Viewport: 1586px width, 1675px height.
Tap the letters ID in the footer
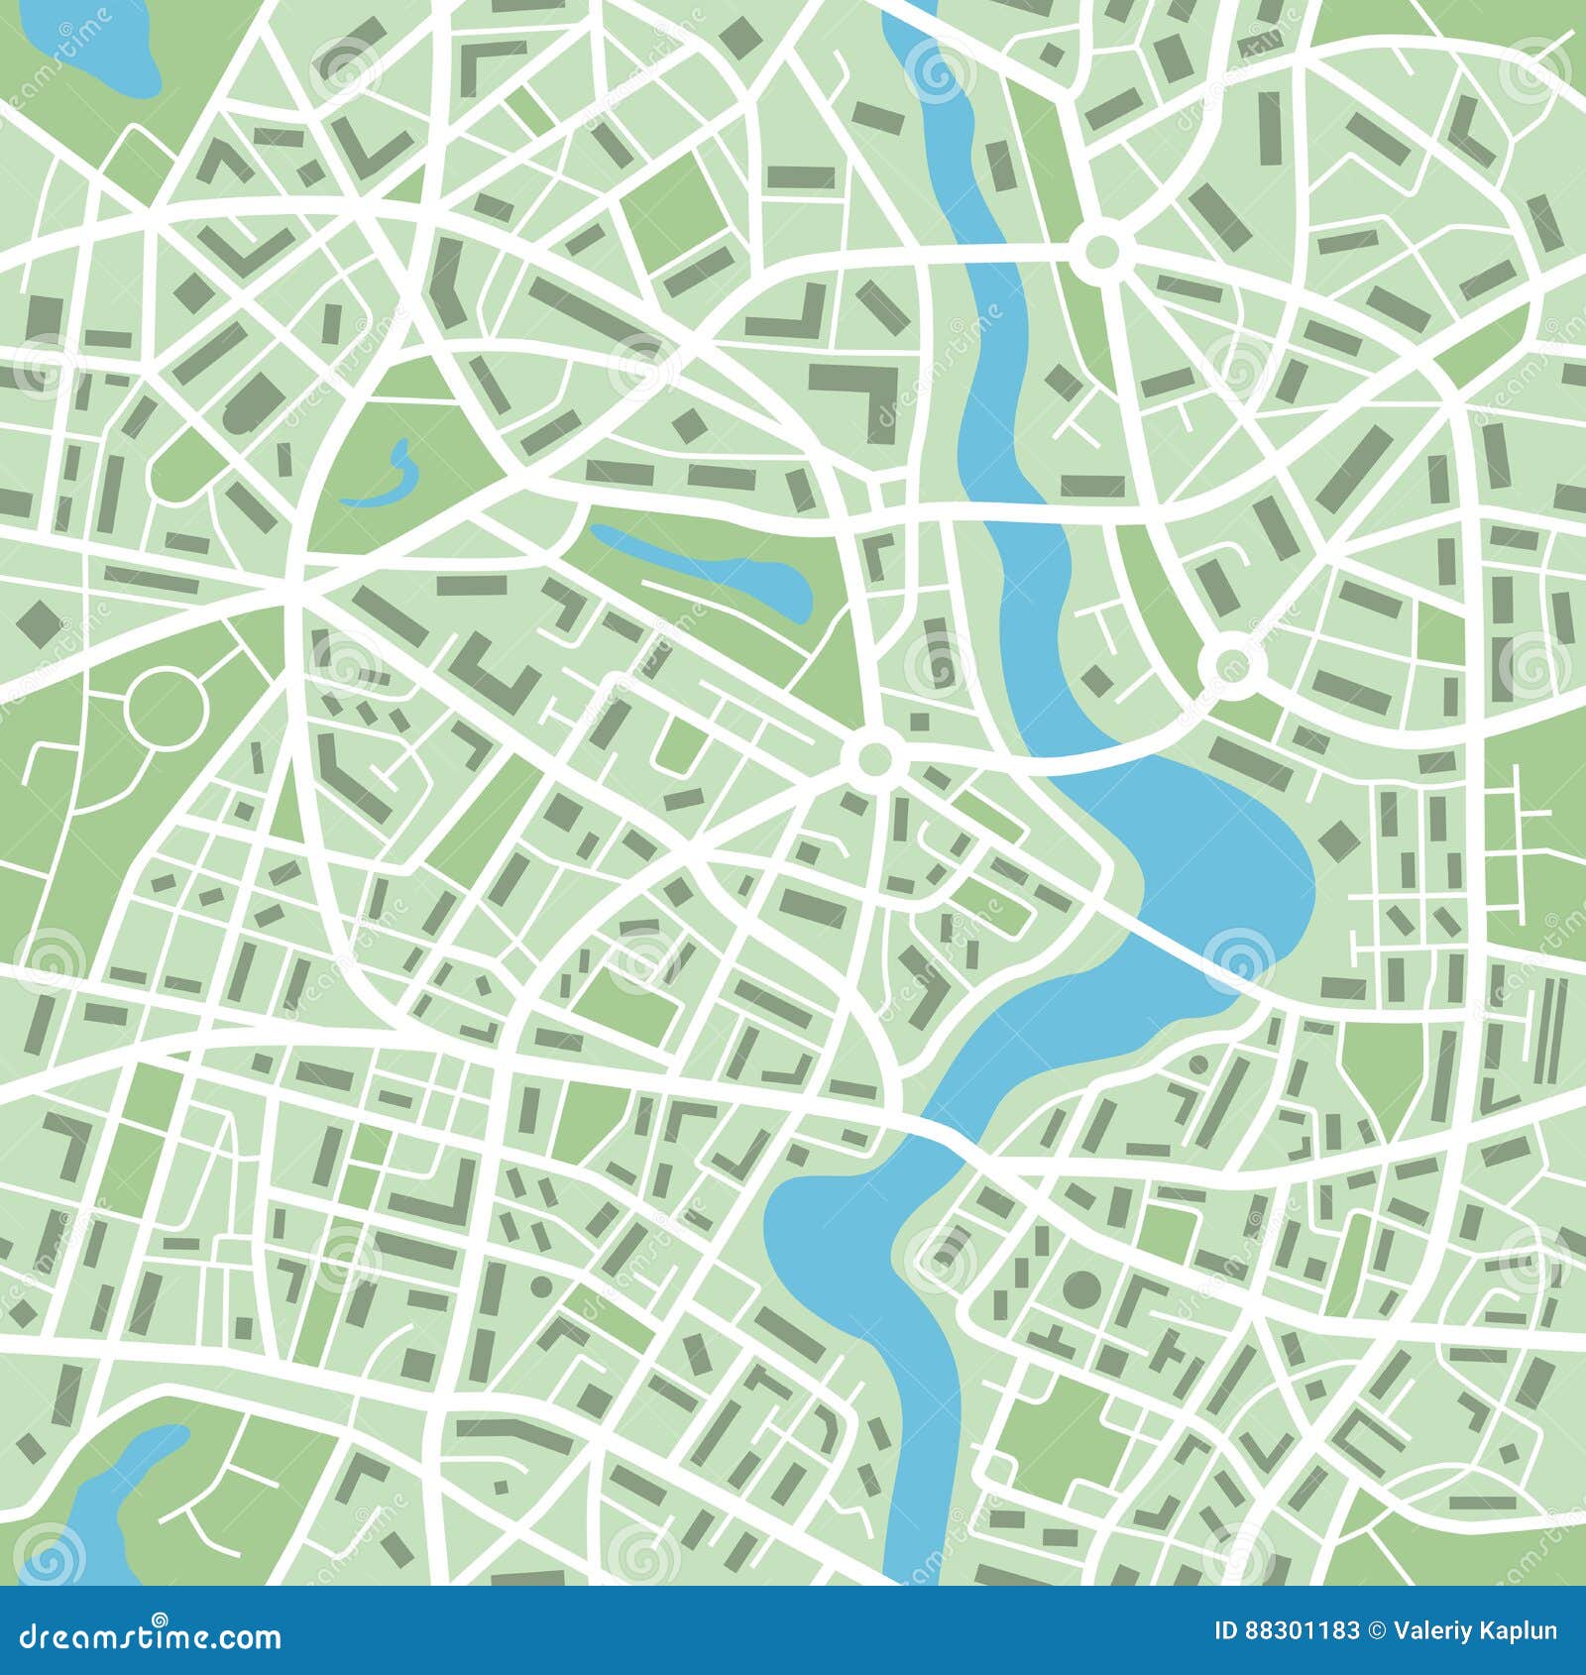click(x=1227, y=1630)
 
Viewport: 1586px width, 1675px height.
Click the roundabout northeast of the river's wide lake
click(x=1230, y=664)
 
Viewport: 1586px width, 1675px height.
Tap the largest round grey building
click(x=1081, y=1289)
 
